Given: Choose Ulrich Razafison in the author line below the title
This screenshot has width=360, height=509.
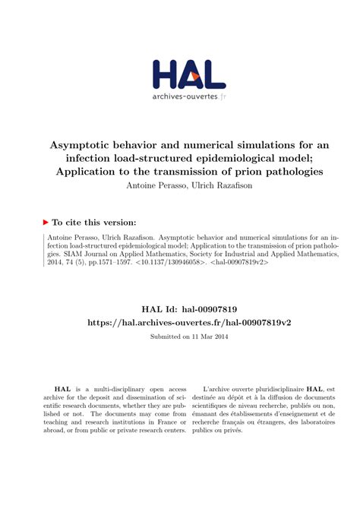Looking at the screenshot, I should point(213,186).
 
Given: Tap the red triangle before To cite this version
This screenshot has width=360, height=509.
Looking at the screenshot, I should point(46,222).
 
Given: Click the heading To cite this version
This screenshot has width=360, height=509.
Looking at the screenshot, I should point(93,222).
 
